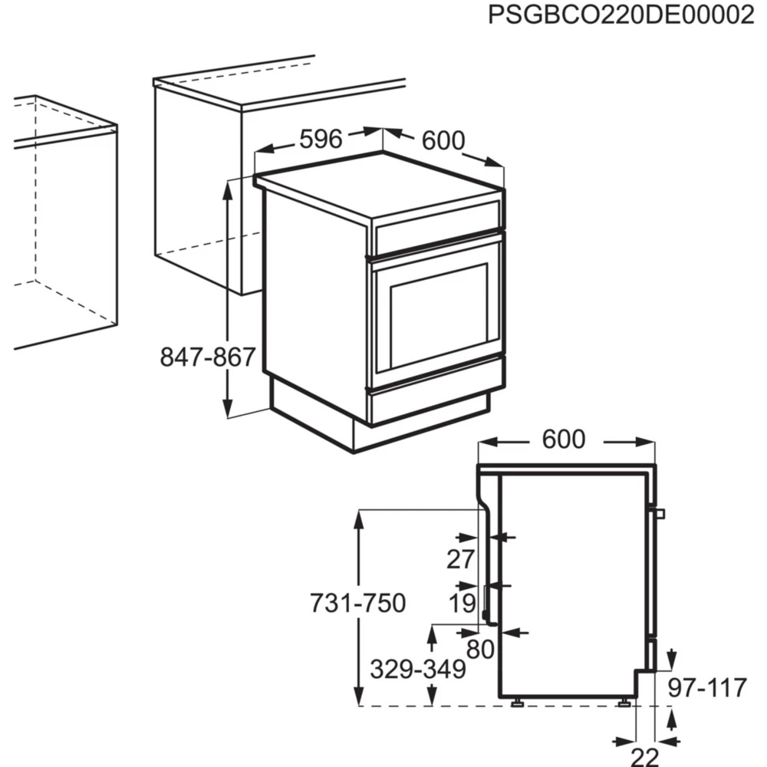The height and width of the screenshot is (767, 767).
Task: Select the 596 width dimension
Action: point(320,139)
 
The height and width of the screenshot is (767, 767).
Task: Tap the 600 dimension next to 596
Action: point(443,141)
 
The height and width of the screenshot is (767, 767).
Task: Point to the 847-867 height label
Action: point(207,357)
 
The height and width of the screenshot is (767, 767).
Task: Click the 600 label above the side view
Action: point(564,439)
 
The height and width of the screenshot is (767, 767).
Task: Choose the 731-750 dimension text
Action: point(357,604)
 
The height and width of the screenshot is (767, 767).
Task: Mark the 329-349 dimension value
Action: point(418,670)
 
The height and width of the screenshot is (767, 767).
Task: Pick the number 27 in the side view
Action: point(461,560)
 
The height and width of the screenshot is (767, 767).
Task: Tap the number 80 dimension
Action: point(480,650)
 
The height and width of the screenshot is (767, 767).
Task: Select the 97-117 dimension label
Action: point(706,688)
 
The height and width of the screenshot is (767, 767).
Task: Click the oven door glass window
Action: point(439,314)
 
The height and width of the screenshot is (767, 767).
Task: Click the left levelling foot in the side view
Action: point(518,702)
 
